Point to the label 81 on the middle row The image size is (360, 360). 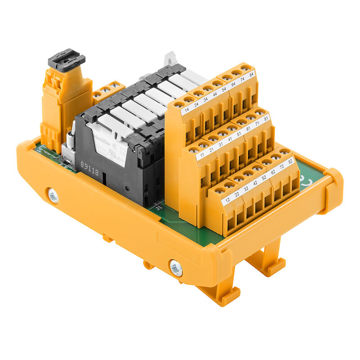click(x=266, y=119)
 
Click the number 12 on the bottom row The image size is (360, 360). click(x=228, y=199)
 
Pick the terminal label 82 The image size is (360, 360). click(x=290, y=162)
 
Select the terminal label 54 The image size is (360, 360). click(x=224, y=89)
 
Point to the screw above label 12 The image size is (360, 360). click(x=219, y=191)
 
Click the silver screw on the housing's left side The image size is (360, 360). click(x=53, y=196)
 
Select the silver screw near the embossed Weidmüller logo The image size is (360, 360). click(x=176, y=268)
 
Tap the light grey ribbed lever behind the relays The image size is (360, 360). click(x=169, y=58)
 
